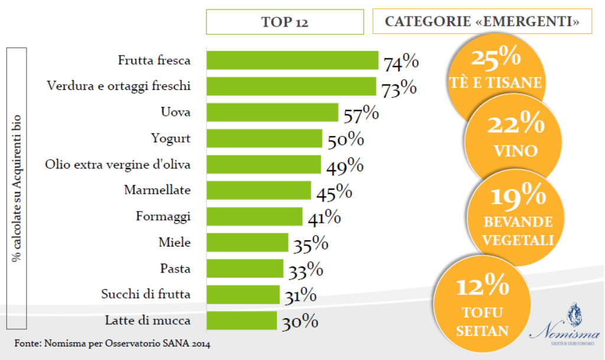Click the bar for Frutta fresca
point(292,60)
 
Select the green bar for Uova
point(272,112)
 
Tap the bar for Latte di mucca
point(241,320)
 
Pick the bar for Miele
point(247,242)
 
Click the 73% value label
point(399,88)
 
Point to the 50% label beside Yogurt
point(346,140)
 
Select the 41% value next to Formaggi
point(324,218)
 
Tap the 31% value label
point(300,295)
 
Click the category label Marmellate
point(157,190)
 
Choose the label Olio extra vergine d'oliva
point(118,164)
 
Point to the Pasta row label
point(175,268)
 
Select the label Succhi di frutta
point(146,294)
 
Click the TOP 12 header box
point(285,22)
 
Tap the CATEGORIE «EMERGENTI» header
point(482,22)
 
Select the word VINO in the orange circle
point(515,151)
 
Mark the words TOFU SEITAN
point(482,322)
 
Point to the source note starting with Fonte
point(112,343)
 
